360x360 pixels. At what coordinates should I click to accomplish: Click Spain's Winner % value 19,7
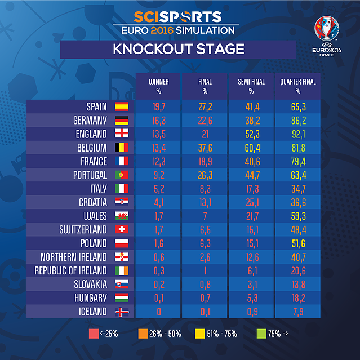tap(159, 107)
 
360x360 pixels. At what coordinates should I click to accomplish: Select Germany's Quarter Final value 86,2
tap(298, 121)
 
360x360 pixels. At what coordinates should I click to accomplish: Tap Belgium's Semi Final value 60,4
tap(252, 148)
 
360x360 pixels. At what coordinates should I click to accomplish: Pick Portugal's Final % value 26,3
tap(205, 175)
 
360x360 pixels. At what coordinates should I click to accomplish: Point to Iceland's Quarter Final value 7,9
tap(298, 312)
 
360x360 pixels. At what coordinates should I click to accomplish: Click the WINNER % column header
tap(159, 86)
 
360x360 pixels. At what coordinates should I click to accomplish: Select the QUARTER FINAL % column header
tap(298, 86)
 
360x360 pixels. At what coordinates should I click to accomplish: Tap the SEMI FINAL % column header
tap(251, 86)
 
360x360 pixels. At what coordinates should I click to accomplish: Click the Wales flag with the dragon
tap(122, 216)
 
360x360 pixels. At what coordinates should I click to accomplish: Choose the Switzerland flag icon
tap(122, 229)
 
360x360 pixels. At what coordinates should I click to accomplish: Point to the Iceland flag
tap(122, 312)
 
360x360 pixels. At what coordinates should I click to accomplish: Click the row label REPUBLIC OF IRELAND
tap(71, 270)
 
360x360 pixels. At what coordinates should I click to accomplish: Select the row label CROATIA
tap(93, 202)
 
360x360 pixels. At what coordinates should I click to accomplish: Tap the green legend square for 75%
tap(261, 334)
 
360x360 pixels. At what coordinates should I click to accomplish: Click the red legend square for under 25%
tap(94, 334)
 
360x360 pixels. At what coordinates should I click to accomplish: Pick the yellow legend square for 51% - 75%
tap(200, 334)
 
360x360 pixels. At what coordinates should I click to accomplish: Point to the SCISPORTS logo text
tap(177, 17)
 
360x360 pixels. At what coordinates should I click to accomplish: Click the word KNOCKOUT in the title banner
tap(153, 49)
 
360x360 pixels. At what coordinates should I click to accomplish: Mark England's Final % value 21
tap(205, 134)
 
